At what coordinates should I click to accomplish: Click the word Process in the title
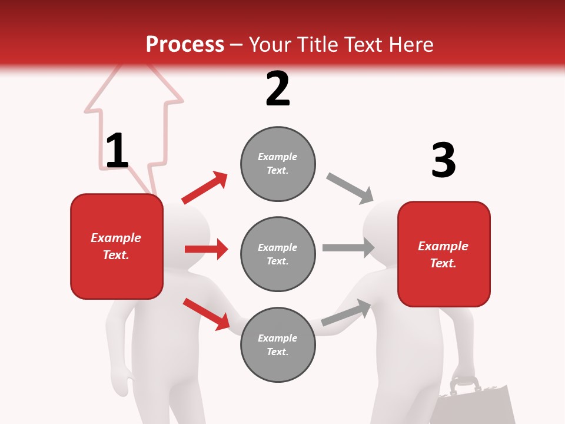click(x=185, y=44)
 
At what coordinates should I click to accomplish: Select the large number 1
click(x=117, y=151)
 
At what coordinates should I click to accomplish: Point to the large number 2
click(x=278, y=89)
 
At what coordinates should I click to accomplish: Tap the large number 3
click(x=443, y=160)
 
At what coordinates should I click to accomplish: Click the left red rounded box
click(x=117, y=246)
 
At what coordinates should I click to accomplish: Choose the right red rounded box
click(x=444, y=254)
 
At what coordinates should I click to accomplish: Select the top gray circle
click(x=278, y=164)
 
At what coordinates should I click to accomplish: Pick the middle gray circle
click(x=278, y=254)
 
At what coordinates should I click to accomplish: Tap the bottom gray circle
click(x=278, y=344)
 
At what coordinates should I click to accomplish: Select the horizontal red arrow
click(x=206, y=249)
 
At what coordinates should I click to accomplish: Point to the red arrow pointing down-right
click(x=206, y=313)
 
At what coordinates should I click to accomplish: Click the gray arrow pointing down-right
click(x=350, y=188)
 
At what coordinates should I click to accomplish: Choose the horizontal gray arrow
click(x=348, y=247)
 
